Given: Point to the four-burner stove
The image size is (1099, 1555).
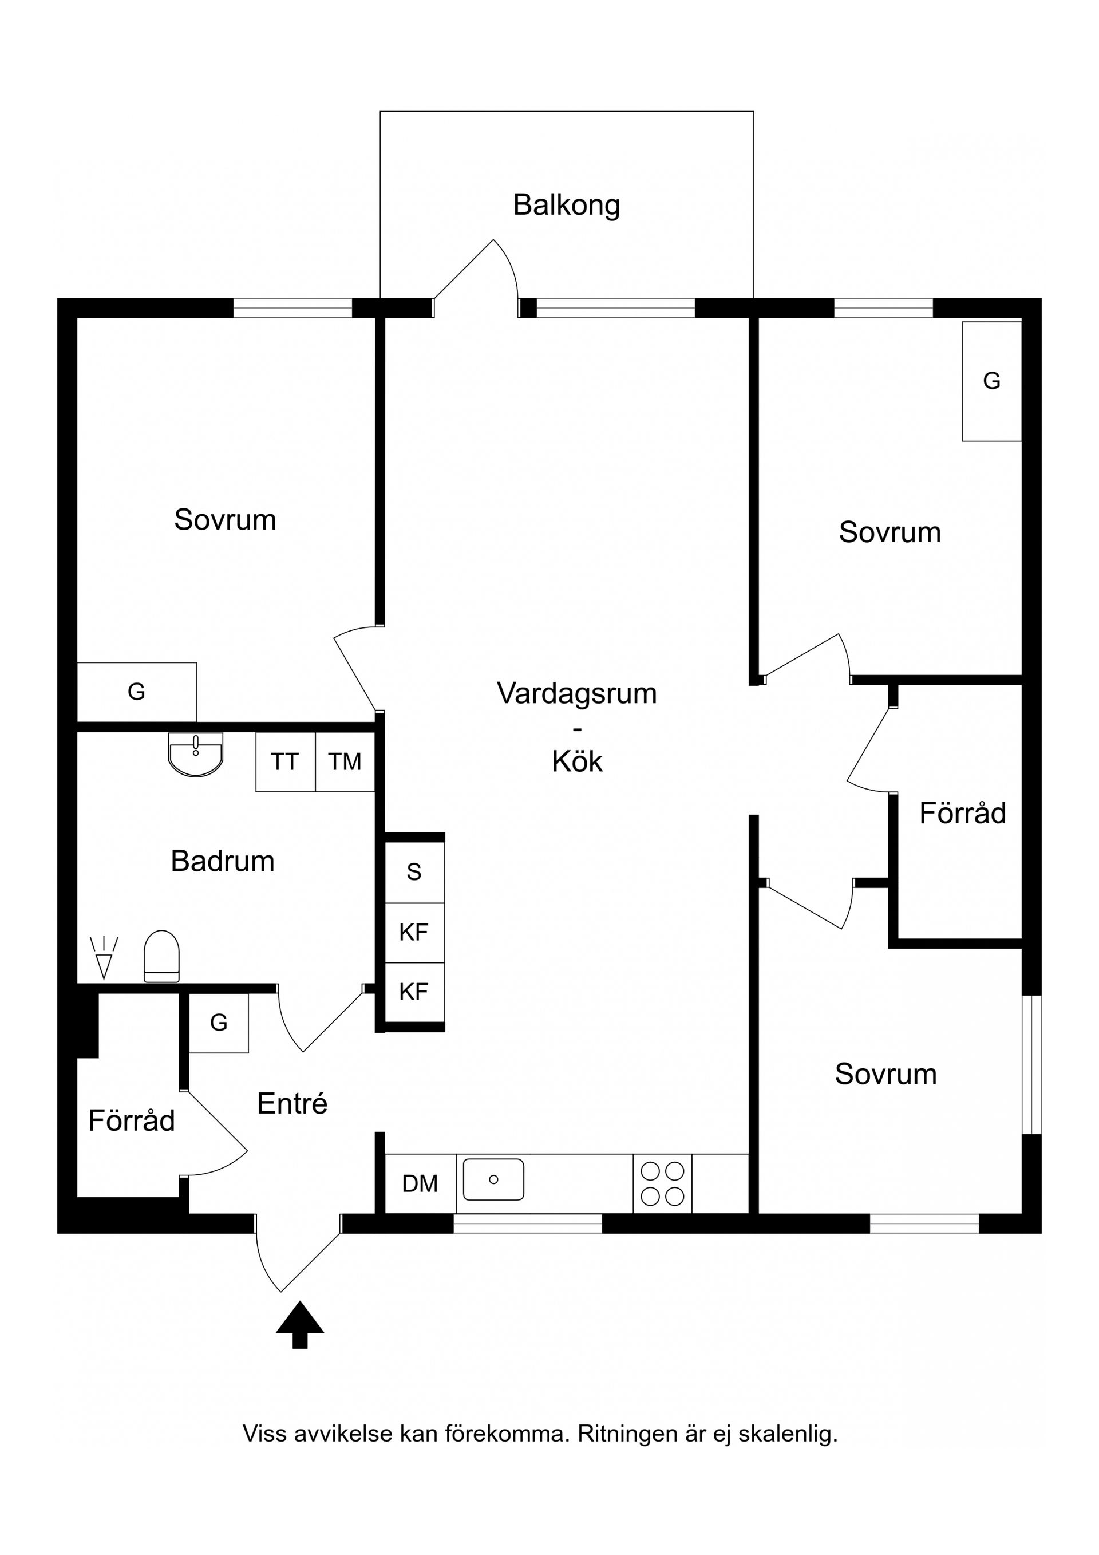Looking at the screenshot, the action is click(x=663, y=1183).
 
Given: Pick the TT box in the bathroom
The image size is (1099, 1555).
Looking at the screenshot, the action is click(x=285, y=762).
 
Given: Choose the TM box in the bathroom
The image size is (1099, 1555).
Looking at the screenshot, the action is click(x=345, y=762).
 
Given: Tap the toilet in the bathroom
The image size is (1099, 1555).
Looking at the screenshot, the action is click(x=162, y=956).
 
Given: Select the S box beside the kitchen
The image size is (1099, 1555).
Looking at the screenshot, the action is click(x=414, y=871).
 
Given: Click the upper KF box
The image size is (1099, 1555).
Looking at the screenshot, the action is click(x=414, y=933).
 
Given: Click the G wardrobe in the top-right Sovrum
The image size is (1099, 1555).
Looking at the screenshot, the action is click(x=992, y=381).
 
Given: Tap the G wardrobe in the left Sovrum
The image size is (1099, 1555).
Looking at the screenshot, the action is click(x=137, y=692).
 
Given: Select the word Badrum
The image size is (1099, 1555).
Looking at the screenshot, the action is click(x=223, y=862).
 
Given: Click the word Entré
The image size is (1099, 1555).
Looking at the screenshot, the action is click(x=292, y=1103).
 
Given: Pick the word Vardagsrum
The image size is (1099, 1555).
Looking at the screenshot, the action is click(x=577, y=694).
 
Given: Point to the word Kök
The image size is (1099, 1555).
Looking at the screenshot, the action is click(x=577, y=761).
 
